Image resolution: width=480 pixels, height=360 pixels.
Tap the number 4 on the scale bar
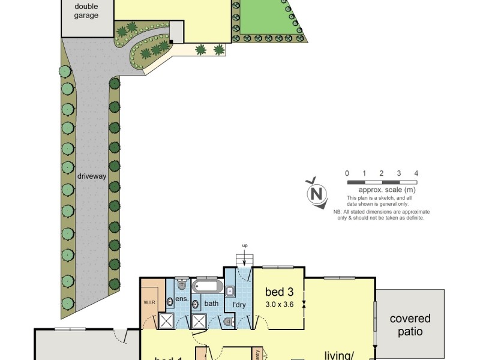coord(416,173)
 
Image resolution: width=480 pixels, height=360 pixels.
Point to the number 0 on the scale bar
coord(347,173)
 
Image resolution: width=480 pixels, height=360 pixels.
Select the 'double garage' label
coord(86,11)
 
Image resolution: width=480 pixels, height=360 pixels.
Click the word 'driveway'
coord(92,176)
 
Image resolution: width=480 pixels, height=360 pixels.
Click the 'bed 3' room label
coord(279,292)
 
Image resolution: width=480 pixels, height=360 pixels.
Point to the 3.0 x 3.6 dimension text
coord(279,304)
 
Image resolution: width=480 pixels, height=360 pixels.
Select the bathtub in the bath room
coord(207,286)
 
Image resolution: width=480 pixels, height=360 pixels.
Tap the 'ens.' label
coord(182,298)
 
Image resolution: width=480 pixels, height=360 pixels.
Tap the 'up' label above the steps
coord(245,246)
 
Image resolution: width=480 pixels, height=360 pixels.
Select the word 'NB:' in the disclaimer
coord(338,212)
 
